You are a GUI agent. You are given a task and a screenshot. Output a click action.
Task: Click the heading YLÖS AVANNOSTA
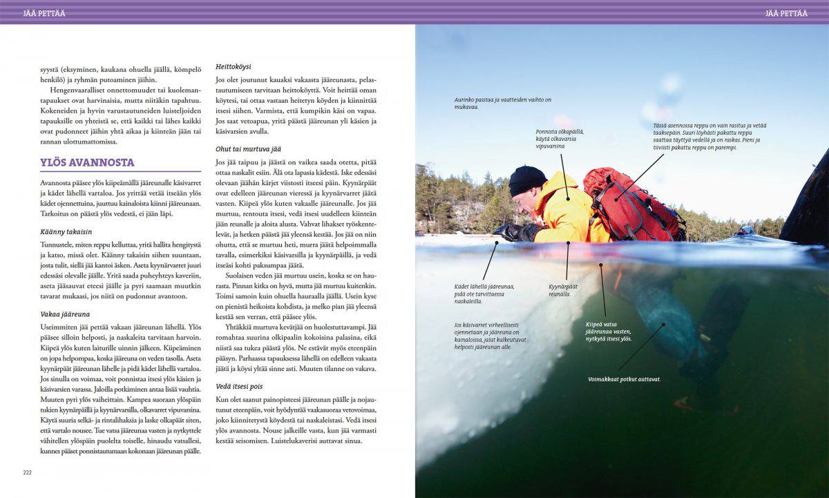[x=88, y=163]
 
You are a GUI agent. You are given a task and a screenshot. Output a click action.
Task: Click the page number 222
[x=28, y=472]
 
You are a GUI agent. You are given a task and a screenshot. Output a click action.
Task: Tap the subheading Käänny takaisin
[x=66, y=232]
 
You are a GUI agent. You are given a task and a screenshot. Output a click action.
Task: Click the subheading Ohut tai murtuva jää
[x=249, y=149]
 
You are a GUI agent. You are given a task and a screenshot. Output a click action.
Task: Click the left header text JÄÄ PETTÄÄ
[x=44, y=12]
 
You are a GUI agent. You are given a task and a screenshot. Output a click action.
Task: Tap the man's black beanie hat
[x=527, y=180]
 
